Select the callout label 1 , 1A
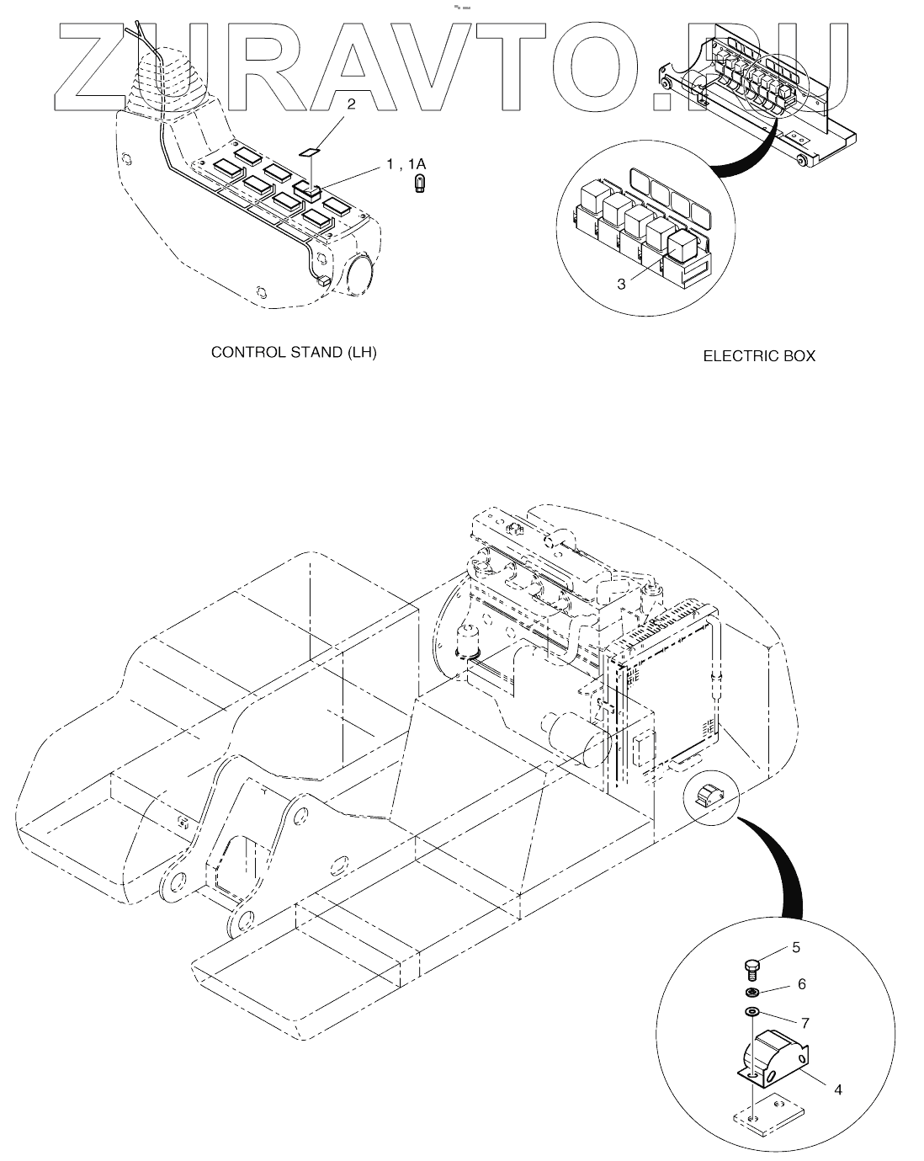pyautogui.click(x=406, y=165)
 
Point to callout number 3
pyautogui.click(x=621, y=285)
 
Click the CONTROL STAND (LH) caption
pyautogui.click(x=293, y=352)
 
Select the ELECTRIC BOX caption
pyautogui.click(x=759, y=356)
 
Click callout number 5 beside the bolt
pyautogui.click(x=795, y=947)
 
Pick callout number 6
pyautogui.click(x=801, y=983)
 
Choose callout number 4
pyautogui.click(x=837, y=1089)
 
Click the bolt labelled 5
pyautogui.click(x=752, y=969)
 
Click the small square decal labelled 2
pyautogui.click(x=310, y=152)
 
